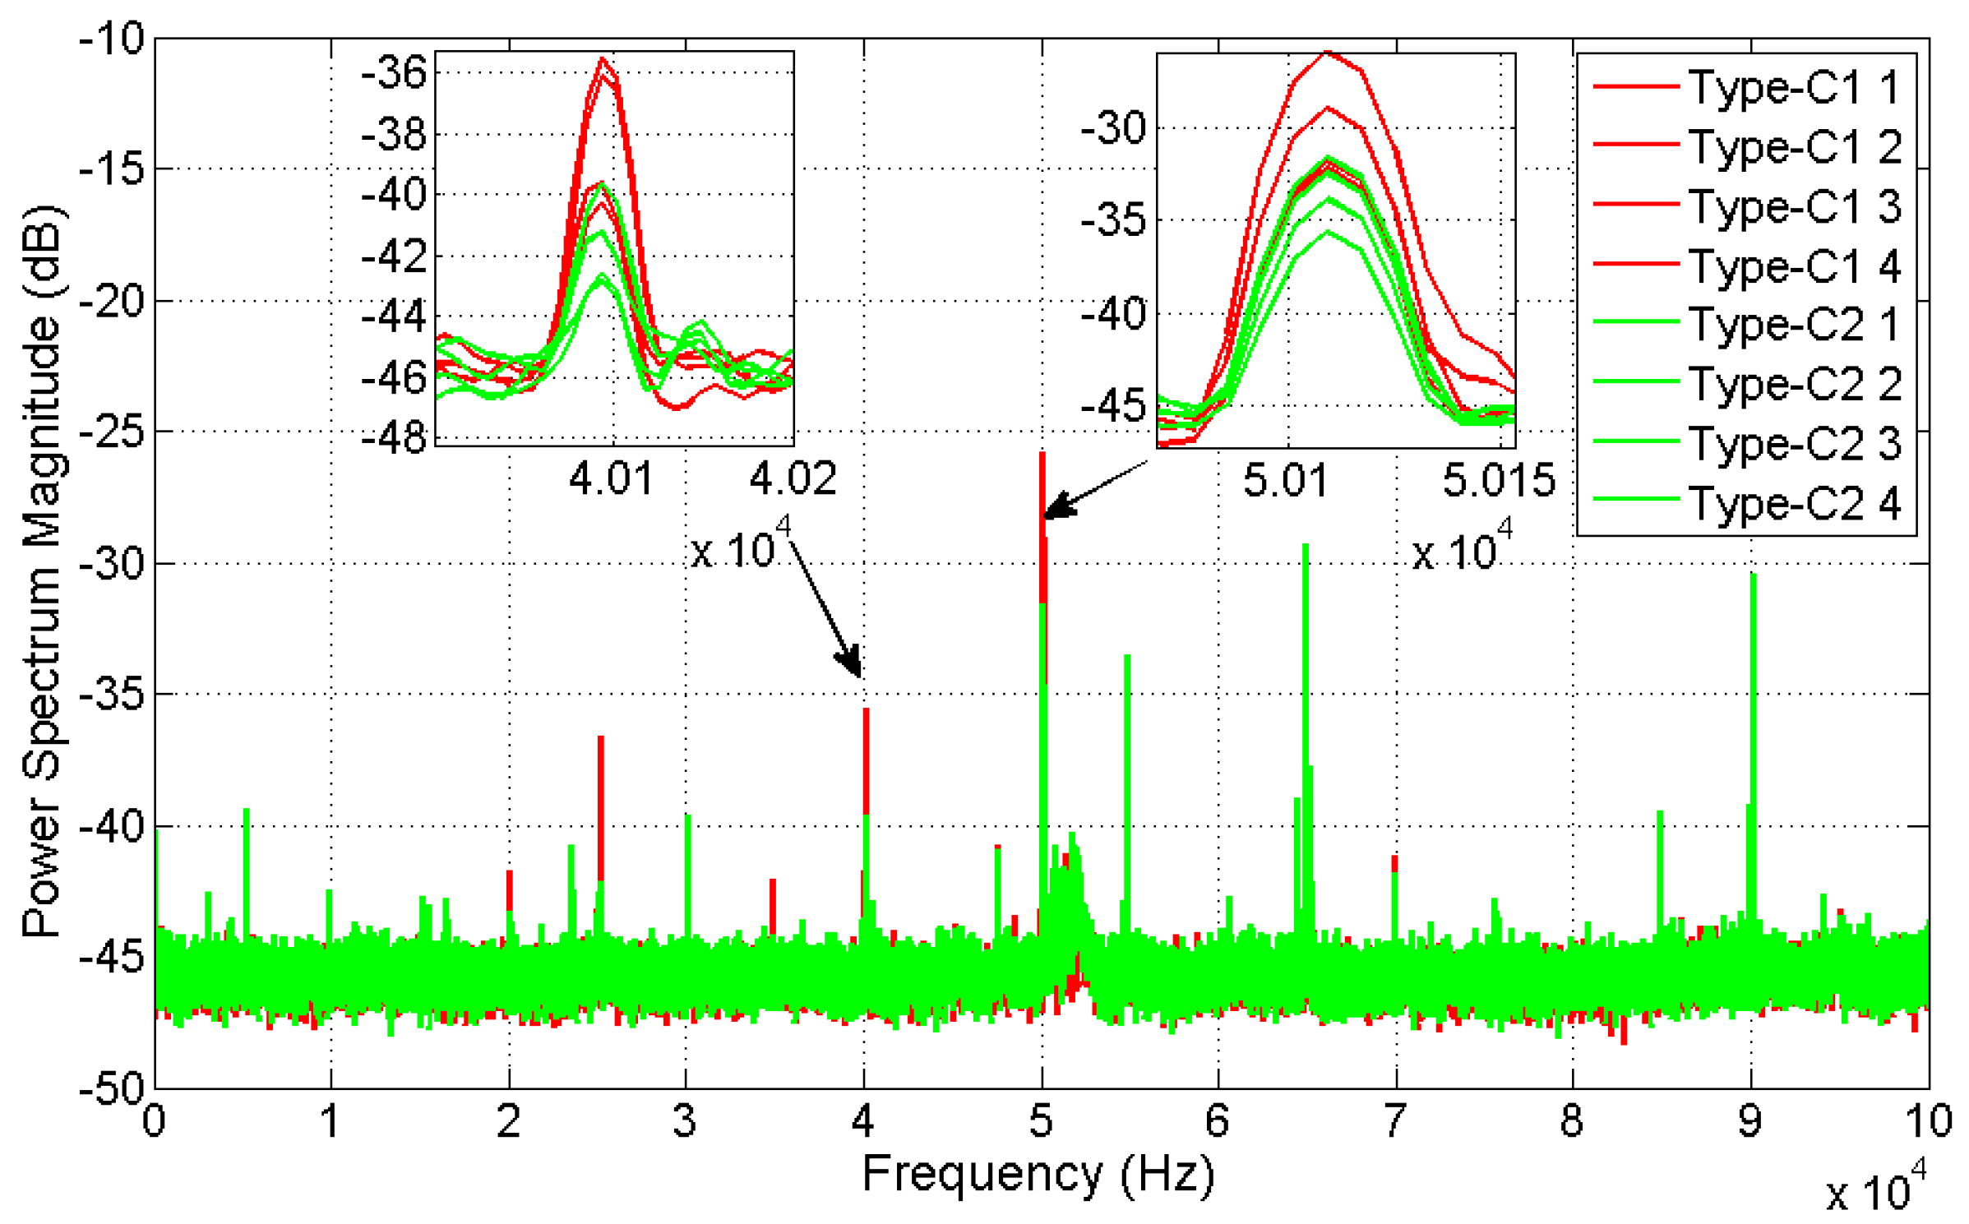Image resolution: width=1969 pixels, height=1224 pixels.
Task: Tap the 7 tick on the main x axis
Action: pos(1394,1120)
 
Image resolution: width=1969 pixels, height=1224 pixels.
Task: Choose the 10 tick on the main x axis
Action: pos(1927,1120)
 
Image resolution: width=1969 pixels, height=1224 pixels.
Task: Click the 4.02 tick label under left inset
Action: pos(793,478)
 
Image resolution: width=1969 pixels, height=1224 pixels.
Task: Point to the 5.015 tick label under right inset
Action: pos(1499,480)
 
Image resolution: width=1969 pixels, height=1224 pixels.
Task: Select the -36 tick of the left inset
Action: pos(394,72)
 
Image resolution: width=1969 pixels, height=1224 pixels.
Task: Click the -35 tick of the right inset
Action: pos(1113,220)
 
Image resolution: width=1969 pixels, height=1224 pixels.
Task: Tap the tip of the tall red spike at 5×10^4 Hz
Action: pos(1042,454)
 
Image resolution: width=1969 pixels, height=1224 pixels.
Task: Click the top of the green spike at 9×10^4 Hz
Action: pos(1753,575)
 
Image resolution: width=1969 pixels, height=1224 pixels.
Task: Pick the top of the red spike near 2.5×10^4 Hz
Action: pos(600,738)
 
